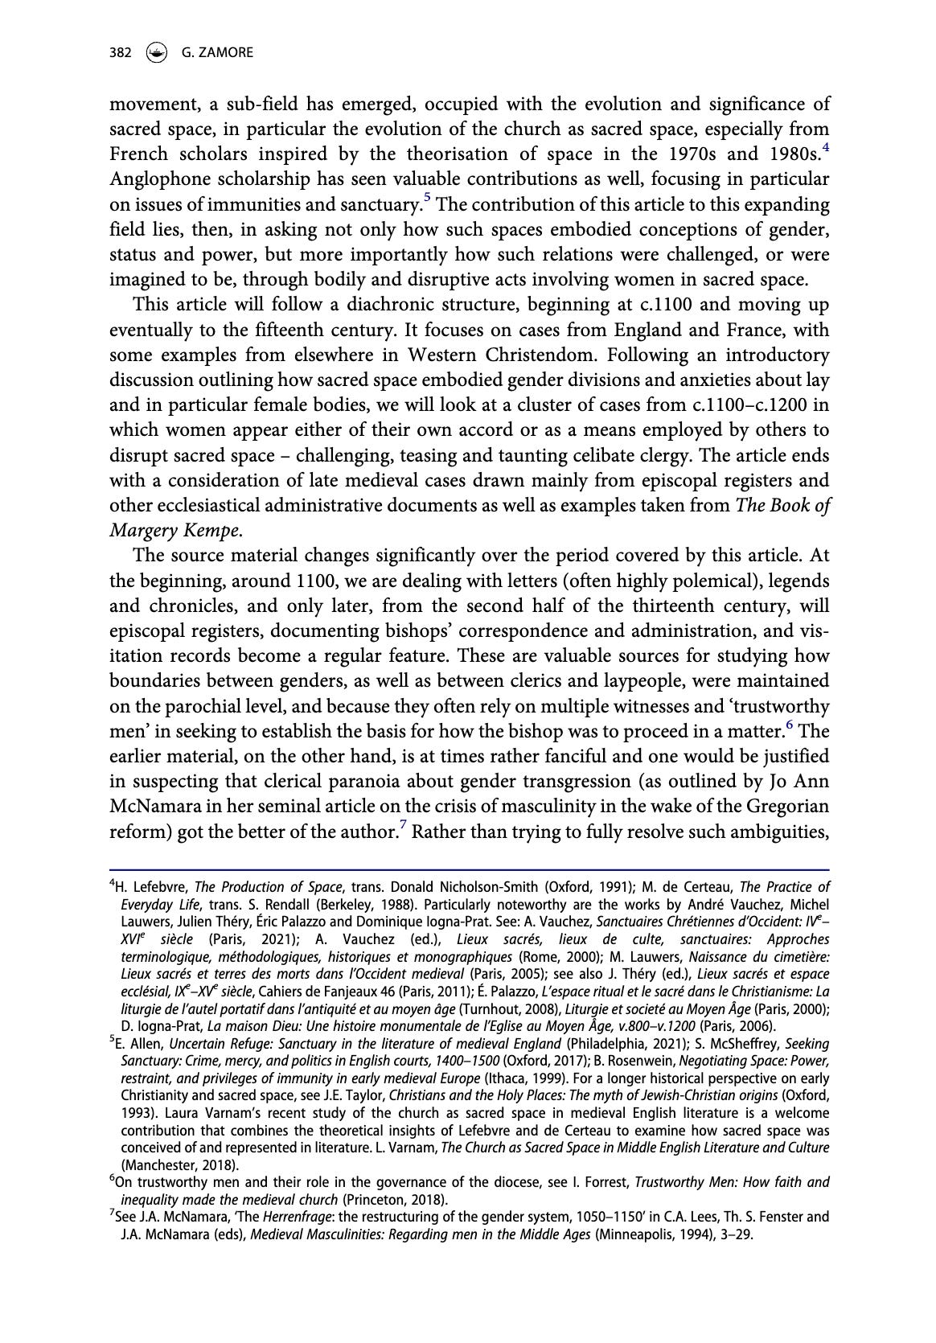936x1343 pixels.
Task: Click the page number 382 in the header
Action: pos(119,52)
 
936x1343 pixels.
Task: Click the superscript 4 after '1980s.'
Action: pos(824,147)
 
